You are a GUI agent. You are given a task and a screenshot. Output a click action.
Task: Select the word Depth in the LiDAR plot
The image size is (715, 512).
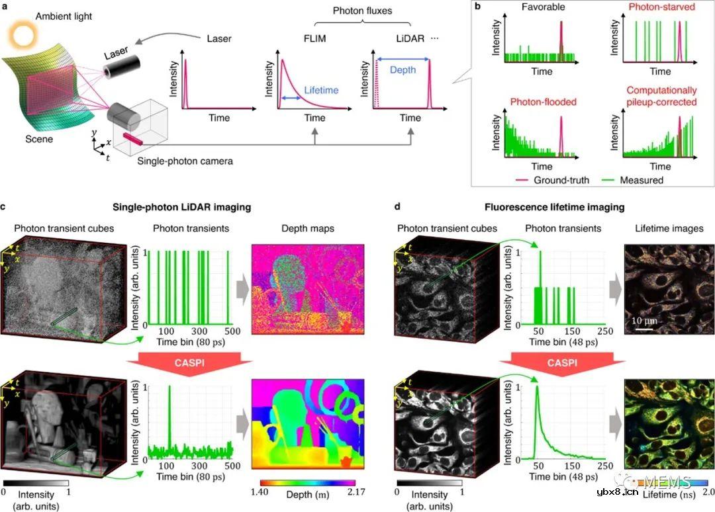(x=403, y=68)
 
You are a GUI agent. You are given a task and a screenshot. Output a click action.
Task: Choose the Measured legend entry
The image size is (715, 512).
(x=638, y=179)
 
